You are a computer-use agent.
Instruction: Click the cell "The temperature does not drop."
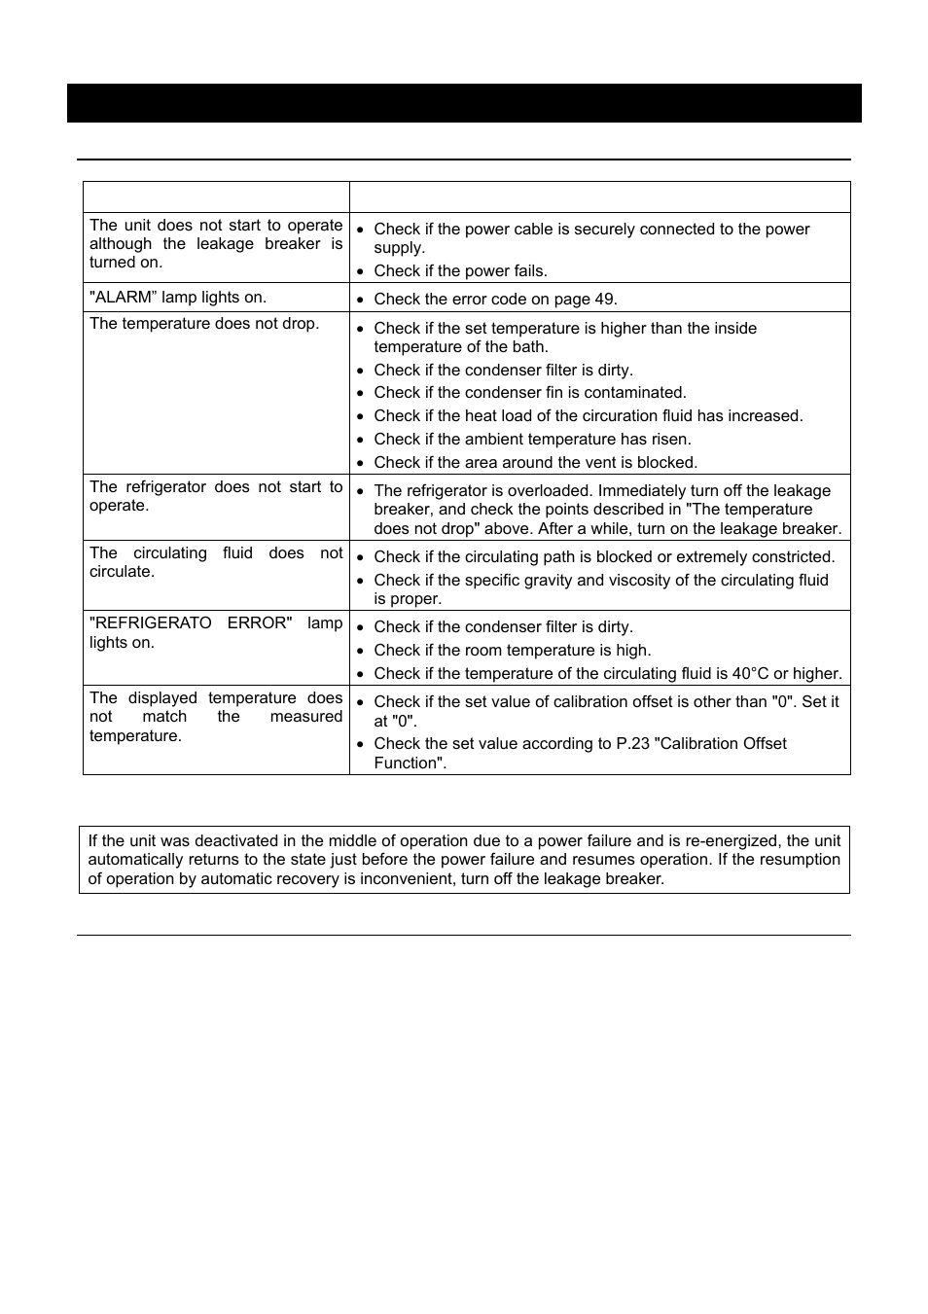[204, 324]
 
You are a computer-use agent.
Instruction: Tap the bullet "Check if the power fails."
[460, 271]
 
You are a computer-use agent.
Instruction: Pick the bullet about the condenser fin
[530, 393]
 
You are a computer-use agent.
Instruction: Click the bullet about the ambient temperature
[532, 440]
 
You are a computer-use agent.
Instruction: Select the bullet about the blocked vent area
[535, 463]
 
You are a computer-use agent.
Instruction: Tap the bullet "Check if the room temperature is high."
[513, 651]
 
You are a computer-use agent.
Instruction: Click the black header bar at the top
[464, 103]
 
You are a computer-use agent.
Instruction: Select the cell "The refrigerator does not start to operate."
[216, 496]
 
